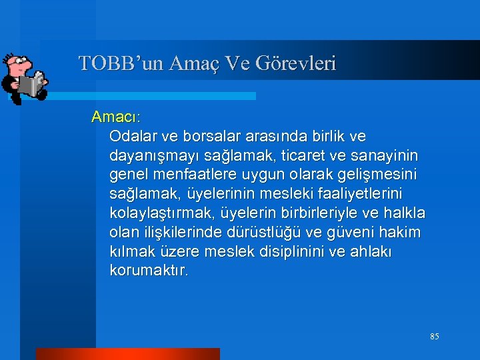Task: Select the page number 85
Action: (x=435, y=337)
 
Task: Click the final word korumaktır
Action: (x=149, y=271)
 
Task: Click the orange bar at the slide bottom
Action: (x=127, y=354)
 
